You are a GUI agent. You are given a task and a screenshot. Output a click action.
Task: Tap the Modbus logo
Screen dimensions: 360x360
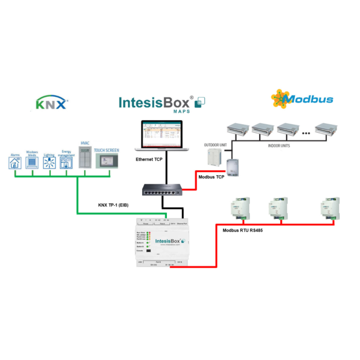point(302,98)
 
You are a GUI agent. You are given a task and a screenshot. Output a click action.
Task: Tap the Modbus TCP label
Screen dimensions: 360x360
point(211,177)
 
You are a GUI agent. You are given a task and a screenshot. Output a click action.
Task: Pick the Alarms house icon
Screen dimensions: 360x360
point(15,162)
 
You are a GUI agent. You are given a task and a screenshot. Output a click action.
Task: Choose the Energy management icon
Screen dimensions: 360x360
point(66,162)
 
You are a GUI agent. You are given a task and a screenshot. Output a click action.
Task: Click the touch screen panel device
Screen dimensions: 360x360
point(106,160)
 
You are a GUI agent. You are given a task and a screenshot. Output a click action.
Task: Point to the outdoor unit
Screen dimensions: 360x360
point(211,157)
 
